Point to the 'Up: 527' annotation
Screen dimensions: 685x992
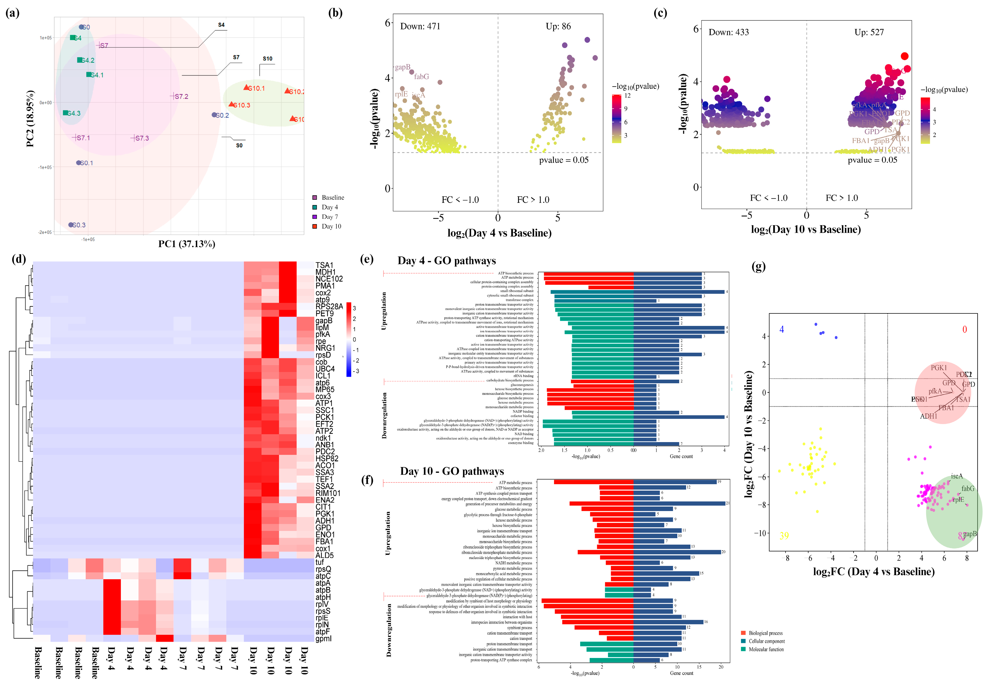pos(869,32)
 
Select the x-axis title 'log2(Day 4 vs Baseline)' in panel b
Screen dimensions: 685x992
pos(499,233)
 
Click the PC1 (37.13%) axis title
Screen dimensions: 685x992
pos(187,244)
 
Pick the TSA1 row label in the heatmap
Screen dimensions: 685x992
pos(324,265)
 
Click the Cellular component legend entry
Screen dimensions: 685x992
pos(766,641)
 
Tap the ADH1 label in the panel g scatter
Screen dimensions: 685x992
pos(928,416)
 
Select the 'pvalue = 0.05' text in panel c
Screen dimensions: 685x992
pos(872,160)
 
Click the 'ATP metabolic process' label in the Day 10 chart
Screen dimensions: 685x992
pos(515,483)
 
